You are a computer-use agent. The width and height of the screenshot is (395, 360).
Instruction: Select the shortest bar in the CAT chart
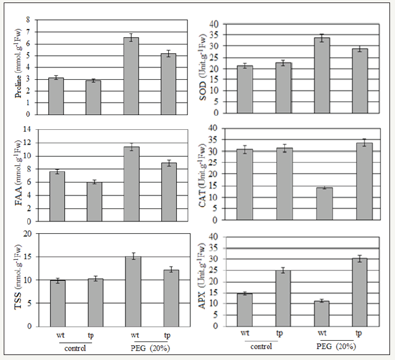coord(325,204)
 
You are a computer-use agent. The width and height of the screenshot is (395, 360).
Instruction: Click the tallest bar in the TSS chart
coord(133,291)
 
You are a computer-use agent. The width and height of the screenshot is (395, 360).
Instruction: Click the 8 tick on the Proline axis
coord(27,20)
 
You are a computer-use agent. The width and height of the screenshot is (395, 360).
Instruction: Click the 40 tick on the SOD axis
coord(215,24)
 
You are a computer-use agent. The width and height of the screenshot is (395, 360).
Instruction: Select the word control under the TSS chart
coord(74,348)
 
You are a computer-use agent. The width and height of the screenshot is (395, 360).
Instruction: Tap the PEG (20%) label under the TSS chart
coord(149,348)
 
